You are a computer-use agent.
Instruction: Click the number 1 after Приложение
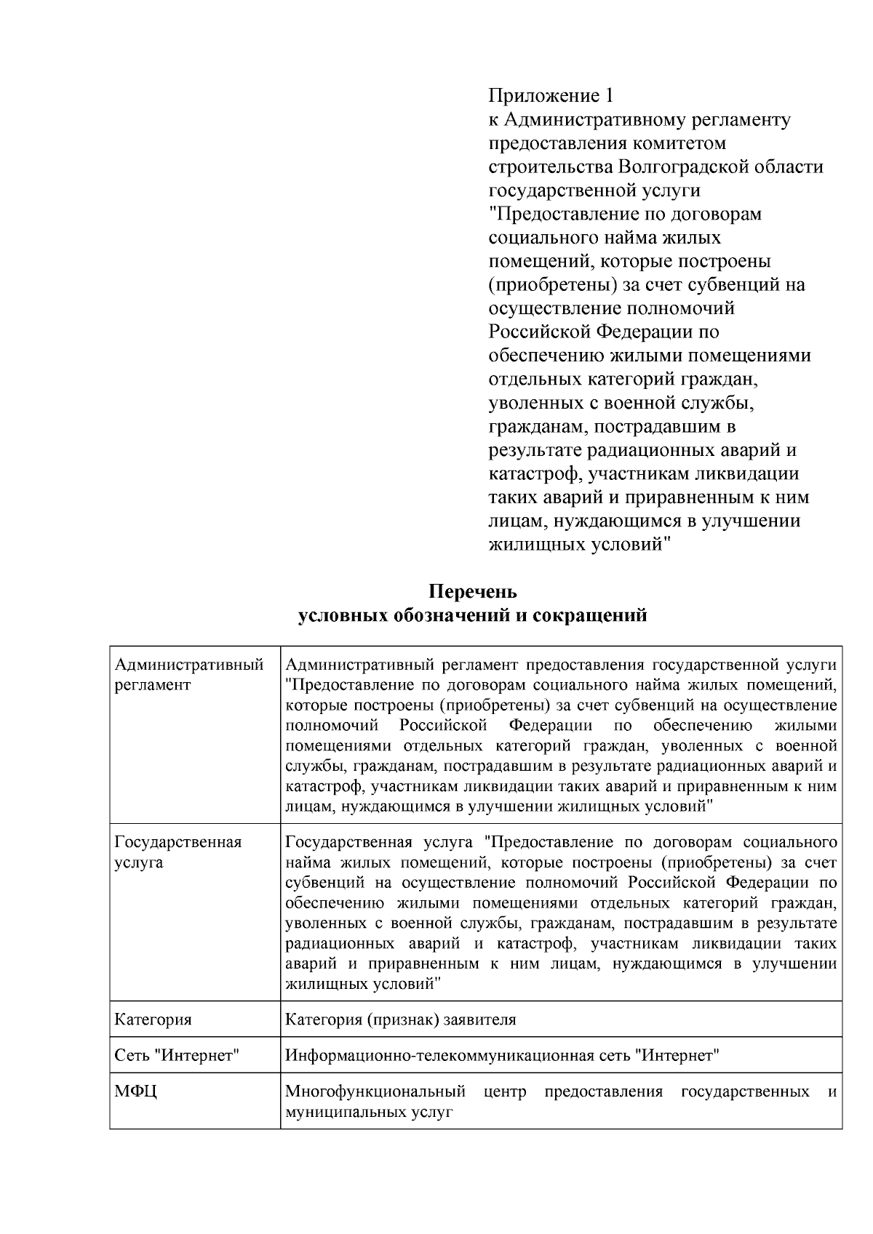pos(610,95)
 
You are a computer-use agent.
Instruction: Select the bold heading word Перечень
pos(473,590)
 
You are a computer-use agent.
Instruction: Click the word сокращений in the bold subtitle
pos(590,615)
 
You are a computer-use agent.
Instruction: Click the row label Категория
pos(154,1019)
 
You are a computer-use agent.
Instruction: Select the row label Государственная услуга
pos(178,852)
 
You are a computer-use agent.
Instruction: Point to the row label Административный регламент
pos(189,674)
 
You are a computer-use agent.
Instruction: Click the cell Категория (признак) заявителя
pos(401,1019)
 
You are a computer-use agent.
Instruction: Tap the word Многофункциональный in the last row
pos(375,1092)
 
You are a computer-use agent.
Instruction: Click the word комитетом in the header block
pos(679,143)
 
